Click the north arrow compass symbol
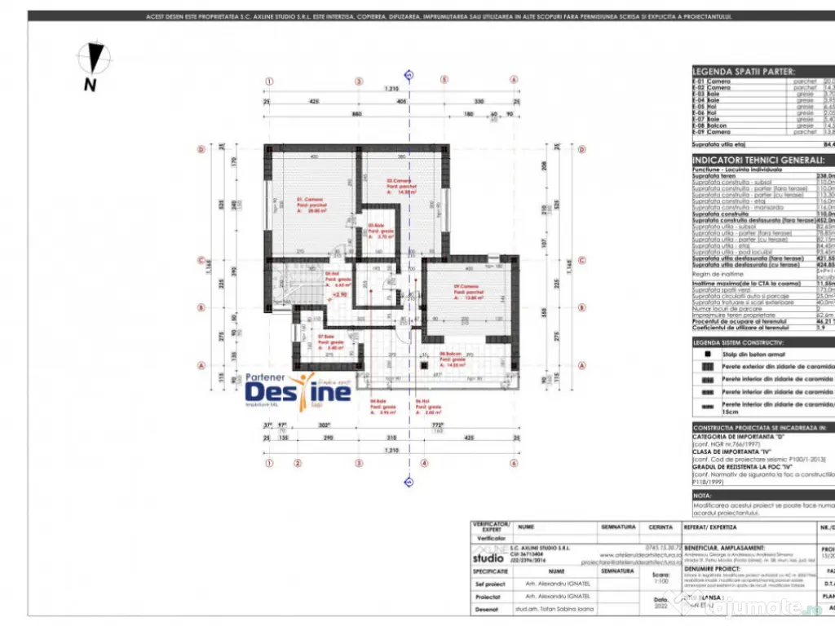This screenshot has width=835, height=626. click(95, 61)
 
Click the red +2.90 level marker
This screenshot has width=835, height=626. click(339, 295)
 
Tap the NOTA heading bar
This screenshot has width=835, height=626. click(704, 495)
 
